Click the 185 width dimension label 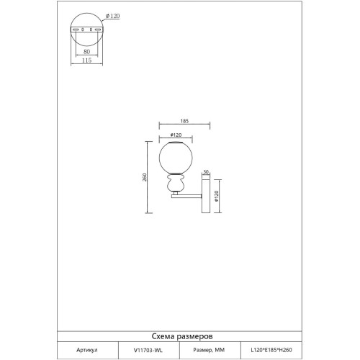point(184,121)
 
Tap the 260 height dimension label point(144,177)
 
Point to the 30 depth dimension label point(206,172)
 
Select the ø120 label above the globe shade point(176,135)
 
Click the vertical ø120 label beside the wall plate point(216,196)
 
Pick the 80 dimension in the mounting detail point(86,51)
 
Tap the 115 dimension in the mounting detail point(86,60)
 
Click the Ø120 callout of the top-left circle point(112,16)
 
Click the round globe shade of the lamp point(176,158)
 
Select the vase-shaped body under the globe point(176,182)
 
